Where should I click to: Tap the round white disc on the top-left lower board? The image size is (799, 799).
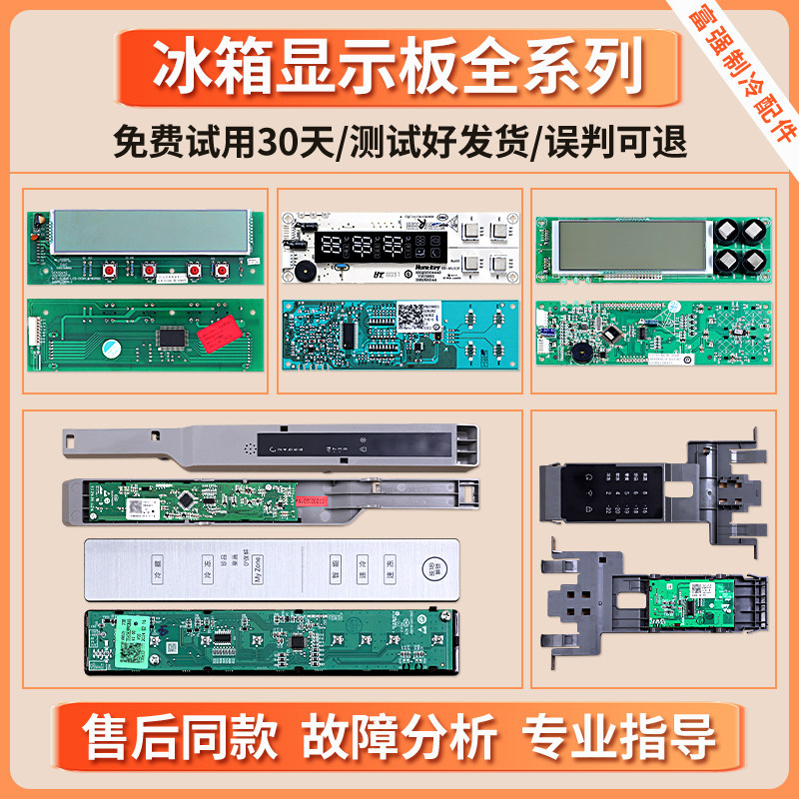109,348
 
